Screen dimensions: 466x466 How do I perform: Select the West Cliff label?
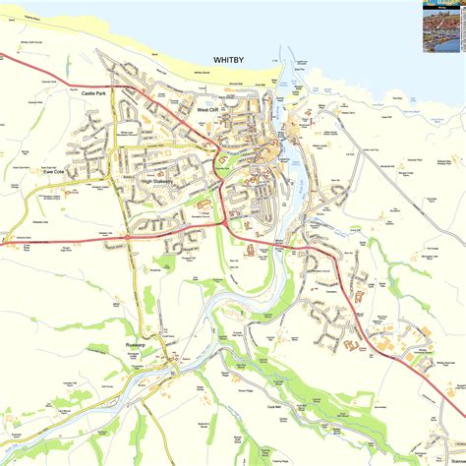pyautogui.click(x=208, y=110)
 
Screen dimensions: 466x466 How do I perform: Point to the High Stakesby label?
pyautogui.click(x=156, y=181)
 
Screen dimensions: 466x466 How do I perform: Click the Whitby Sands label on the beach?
pyautogui.click(x=203, y=73)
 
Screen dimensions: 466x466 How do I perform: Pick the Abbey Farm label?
pyautogui.click(x=351, y=113)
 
